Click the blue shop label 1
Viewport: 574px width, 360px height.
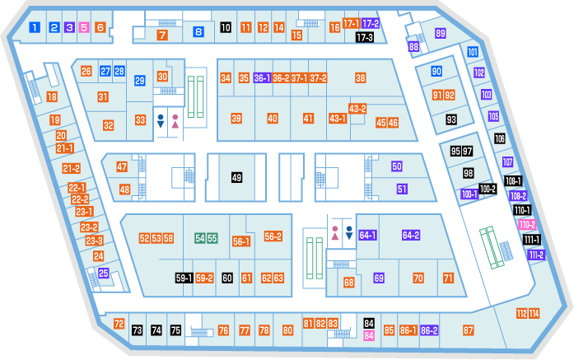click(x=35, y=27)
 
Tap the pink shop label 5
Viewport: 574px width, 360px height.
click(x=84, y=27)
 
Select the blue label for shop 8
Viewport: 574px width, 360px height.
click(x=198, y=32)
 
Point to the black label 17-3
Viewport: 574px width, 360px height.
click(x=365, y=37)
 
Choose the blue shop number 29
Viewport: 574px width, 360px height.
click(x=139, y=81)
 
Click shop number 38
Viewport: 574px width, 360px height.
click(x=360, y=78)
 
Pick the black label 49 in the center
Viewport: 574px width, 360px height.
click(x=236, y=178)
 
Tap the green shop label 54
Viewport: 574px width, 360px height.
click(x=200, y=238)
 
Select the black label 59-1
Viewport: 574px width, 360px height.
click(x=184, y=278)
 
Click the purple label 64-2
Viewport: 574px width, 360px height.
click(x=411, y=235)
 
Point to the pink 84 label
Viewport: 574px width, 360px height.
click(x=369, y=335)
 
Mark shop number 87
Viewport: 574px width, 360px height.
click(x=469, y=330)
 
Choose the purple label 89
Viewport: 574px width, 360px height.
click(x=441, y=33)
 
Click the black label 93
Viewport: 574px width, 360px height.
click(x=451, y=119)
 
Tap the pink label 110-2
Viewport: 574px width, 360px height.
click(x=527, y=225)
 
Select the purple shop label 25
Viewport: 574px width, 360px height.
click(x=104, y=273)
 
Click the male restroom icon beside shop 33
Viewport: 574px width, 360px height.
click(x=161, y=121)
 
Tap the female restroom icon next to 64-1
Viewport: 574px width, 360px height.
click(x=335, y=233)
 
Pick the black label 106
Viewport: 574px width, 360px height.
click(x=500, y=138)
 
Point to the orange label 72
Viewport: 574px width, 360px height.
click(x=119, y=324)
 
